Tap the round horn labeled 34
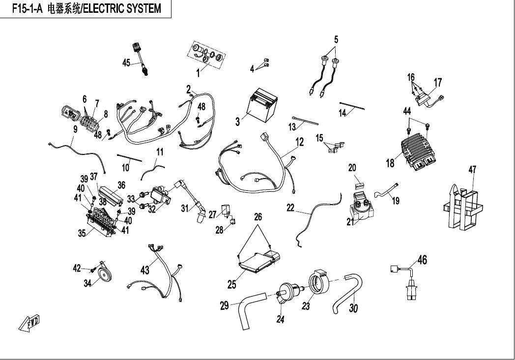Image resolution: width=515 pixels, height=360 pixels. [x=104, y=276]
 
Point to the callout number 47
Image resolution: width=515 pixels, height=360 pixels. [x=472, y=170]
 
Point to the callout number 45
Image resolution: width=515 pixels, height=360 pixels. [x=126, y=62]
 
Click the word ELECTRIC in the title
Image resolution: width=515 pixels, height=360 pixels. [x=105, y=9]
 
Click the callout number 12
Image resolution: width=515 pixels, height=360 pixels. [x=299, y=143]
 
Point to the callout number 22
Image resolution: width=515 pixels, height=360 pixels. [x=291, y=209]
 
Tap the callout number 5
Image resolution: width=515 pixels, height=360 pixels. [x=336, y=39]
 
